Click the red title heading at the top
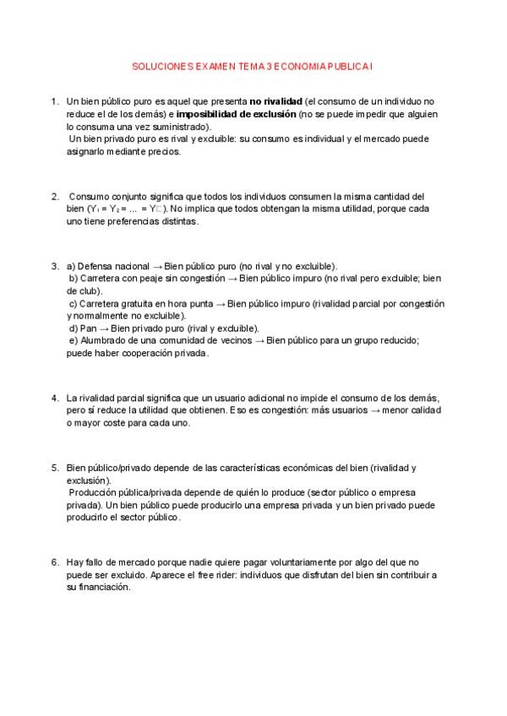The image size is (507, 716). coord(253,64)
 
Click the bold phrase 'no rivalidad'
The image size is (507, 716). coord(275,101)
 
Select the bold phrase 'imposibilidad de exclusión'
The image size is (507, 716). coord(237,113)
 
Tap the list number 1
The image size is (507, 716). coord(55,101)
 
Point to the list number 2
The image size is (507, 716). coord(55,196)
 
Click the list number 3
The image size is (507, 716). coord(55,266)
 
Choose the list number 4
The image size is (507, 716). coord(55,397)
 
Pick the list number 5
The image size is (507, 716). coord(55,467)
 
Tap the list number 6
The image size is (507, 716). coord(55,561)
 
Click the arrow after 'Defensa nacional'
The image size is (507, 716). coord(158,266)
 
